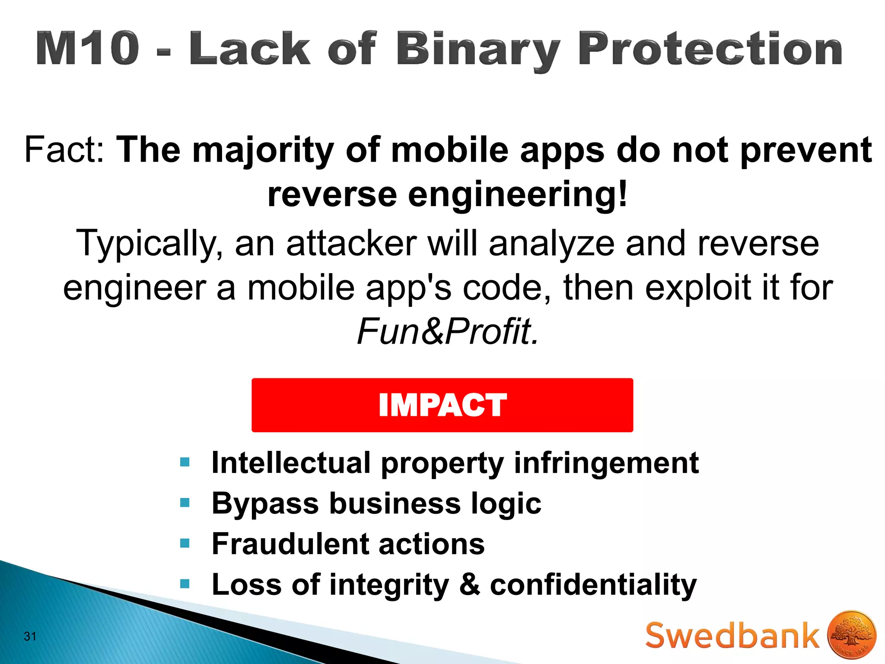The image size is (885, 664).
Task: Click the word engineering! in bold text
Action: point(517,195)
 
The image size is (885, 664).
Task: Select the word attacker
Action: point(351,243)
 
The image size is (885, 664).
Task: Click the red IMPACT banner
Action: point(442,405)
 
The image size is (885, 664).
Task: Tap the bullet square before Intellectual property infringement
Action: point(185,463)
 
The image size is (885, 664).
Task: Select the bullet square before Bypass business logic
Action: point(185,503)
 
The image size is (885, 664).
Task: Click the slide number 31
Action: point(30,636)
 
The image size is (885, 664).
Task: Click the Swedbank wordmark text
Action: point(732,635)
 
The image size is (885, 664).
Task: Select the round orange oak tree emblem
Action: point(851,635)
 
